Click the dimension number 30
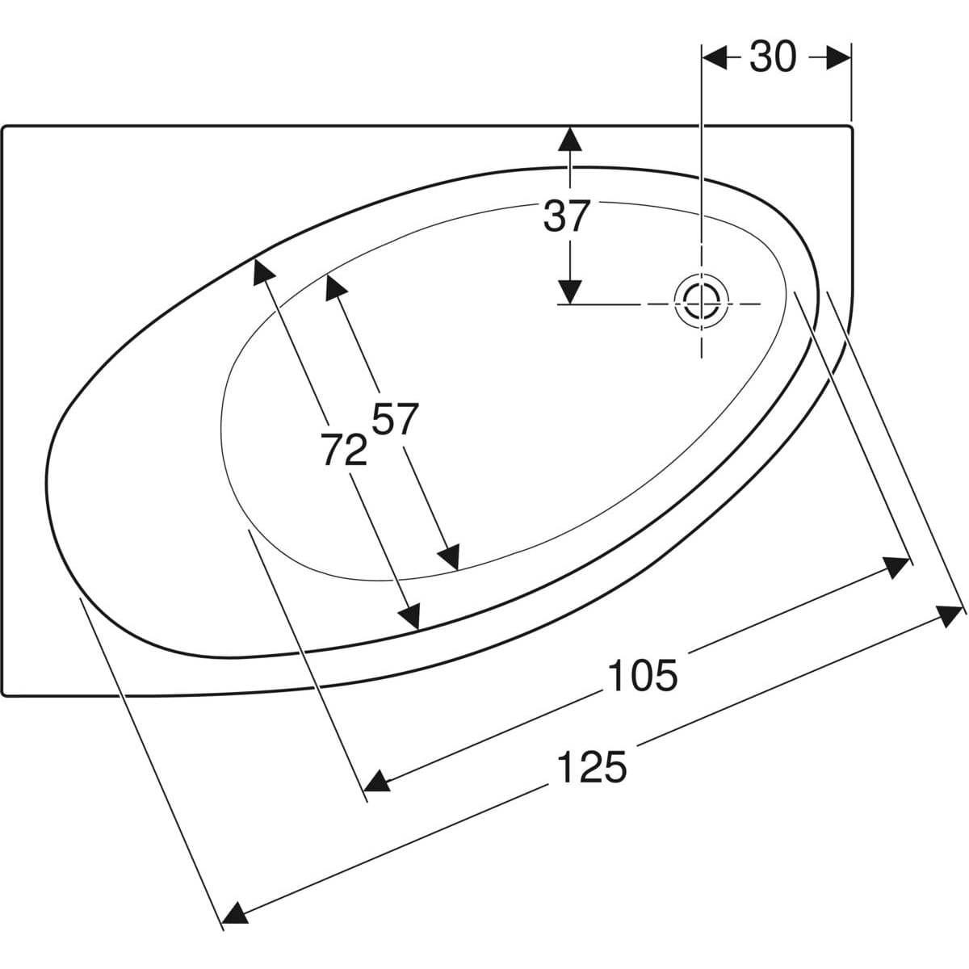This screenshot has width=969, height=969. coord(773,57)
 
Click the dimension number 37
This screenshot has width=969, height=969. coord(566,216)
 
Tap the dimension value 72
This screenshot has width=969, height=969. coord(344,449)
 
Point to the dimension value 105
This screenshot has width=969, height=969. coord(643,675)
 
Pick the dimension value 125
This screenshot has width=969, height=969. coord(593,766)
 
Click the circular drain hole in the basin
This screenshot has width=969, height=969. coord(702,304)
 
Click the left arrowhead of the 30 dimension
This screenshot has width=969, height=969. coord(715,57)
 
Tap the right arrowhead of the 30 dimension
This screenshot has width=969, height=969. coord(839,57)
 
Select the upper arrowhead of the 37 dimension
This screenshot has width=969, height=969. coord(570,139)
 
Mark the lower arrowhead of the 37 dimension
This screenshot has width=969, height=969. coord(570,292)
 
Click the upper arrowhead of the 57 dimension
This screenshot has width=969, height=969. coord(335,287)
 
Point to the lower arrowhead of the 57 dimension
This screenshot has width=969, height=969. coord(450,556)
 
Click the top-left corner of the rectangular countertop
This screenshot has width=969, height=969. coord(2,126)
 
